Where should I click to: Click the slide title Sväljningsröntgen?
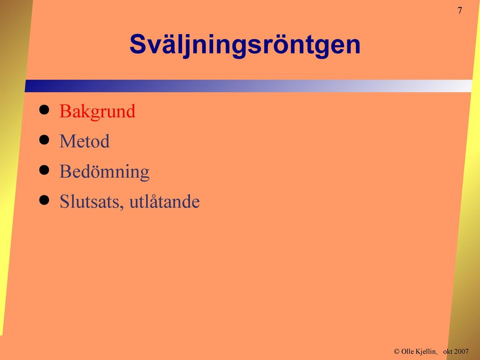(x=245, y=45)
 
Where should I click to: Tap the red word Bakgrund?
(x=97, y=111)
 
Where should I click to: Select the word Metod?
(x=85, y=141)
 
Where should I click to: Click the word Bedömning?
(x=105, y=171)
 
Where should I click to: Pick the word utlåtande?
(x=164, y=201)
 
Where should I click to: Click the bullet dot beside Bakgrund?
(x=44, y=110)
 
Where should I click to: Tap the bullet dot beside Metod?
(x=44, y=140)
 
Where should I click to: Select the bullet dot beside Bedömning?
(x=44, y=170)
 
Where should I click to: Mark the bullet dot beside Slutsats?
(x=44, y=200)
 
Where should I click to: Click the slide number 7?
(x=459, y=11)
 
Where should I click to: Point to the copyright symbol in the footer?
(x=397, y=351)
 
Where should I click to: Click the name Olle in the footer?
(x=408, y=351)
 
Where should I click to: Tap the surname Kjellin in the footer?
(x=426, y=351)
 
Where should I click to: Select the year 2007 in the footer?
(x=461, y=351)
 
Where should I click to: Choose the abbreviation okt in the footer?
(x=448, y=351)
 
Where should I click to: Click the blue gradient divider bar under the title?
(x=248, y=86)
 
